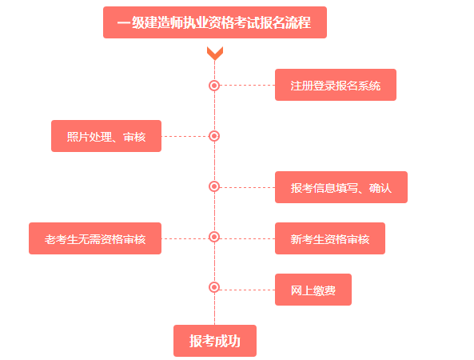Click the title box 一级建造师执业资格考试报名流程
[x=214, y=22]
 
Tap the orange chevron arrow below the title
[x=214, y=54]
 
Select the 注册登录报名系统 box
[x=335, y=85]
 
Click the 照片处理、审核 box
[x=106, y=136]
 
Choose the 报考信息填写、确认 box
[x=341, y=187]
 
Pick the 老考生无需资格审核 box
[x=95, y=238]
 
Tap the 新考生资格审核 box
[x=329, y=238]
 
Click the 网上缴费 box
[x=313, y=290]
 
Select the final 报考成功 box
[x=214, y=341]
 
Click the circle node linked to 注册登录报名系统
[x=214, y=85]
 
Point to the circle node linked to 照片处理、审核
[x=214, y=136]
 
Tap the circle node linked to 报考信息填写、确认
[x=214, y=186]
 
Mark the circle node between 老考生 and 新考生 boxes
[x=214, y=237]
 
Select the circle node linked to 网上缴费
[x=214, y=287]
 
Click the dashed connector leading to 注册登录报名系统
[x=247, y=85]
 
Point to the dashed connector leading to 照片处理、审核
[x=185, y=136]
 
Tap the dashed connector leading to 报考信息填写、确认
[x=247, y=187]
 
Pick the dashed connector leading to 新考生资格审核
[x=247, y=238]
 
